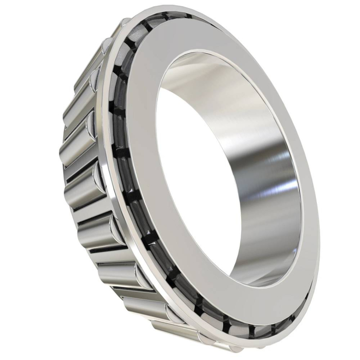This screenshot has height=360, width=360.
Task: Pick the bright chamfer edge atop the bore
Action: [206, 57]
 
